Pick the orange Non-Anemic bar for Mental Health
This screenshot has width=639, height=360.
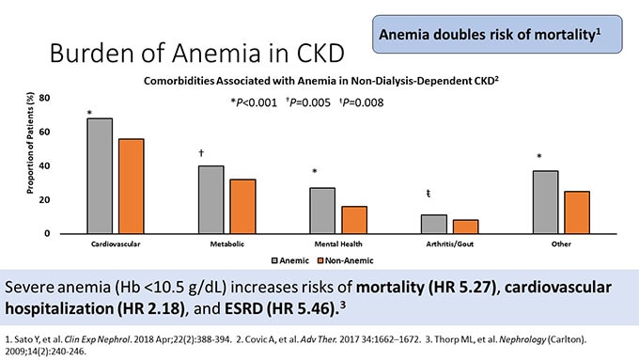[354, 220]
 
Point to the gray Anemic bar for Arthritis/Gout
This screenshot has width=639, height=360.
[434, 224]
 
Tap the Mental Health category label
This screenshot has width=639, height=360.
[340, 243]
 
